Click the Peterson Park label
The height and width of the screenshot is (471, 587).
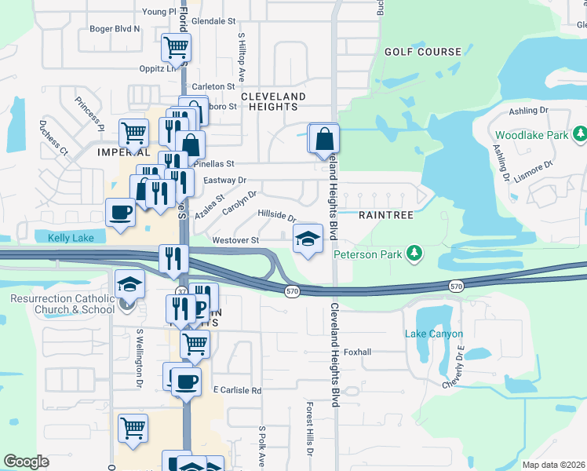pyautogui.click(x=367, y=254)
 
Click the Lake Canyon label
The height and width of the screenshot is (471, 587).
pyautogui.click(x=430, y=334)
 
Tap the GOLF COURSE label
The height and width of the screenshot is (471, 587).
pyautogui.click(x=422, y=52)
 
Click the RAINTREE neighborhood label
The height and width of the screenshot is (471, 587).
pyautogui.click(x=381, y=214)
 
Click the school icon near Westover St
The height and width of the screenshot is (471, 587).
pyautogui.click(x=308, y=239)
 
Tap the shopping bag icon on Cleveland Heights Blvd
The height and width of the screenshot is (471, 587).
pyautogui.click(x=324, y=140)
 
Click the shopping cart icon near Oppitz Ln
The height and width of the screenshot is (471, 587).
pyautogui.click(x=176, y=48)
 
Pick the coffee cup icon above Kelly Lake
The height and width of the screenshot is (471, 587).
pyautogui.click(x=121, y=213)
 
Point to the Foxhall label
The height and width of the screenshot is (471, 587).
pyautogui.click(x=357, y=352)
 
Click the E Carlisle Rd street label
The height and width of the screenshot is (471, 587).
pyautogui.click(x=237, y=390)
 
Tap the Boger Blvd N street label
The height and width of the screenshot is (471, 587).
pyautogui.click(x=115, y=29)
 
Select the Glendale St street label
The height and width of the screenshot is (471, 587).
pyautogui.click(x=213, y=21)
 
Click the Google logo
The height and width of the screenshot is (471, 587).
pyautogui.click(x=26, y=462)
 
